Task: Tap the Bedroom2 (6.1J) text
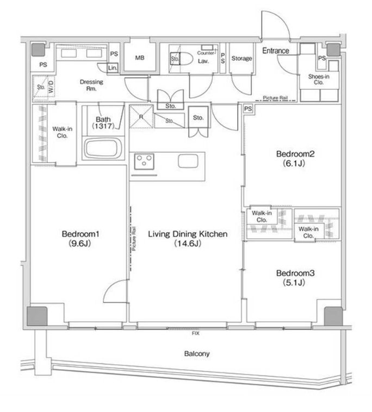point(295,159)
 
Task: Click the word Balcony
point(197,354)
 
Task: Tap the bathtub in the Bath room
point(103,148)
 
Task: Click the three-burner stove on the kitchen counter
point(144,161)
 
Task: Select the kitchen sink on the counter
point(188,161)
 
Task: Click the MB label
point(140,58)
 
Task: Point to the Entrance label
point(276,51)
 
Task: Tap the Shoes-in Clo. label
point(319,79)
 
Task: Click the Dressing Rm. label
point(91,85)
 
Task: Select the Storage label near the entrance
point(241,58)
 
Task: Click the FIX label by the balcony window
point(196,333)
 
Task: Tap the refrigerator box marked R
point(141,117)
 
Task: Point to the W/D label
point(51,86)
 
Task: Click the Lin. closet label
point(113,68)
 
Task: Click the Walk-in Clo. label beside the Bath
point(63,132)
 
